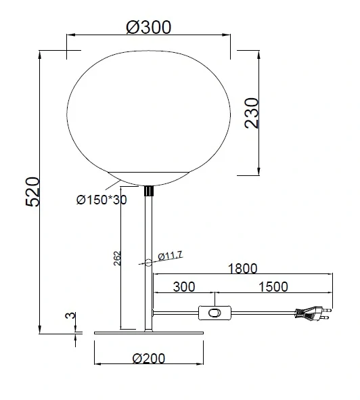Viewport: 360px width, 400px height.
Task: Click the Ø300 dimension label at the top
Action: [148, 27]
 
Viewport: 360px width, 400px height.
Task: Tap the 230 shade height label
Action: [252, 113]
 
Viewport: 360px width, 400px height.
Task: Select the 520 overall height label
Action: [32, 192]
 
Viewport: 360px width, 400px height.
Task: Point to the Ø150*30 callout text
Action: [102, 200]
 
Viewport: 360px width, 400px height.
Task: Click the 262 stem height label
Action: [117, 259]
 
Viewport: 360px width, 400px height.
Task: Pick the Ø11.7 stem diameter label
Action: [170, 256]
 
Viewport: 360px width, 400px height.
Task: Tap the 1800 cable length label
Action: [242, 269]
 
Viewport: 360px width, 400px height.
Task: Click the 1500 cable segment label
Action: [273, 287]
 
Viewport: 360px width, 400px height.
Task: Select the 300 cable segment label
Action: [184, 287]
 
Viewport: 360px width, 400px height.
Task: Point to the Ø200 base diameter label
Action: [149, 359]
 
